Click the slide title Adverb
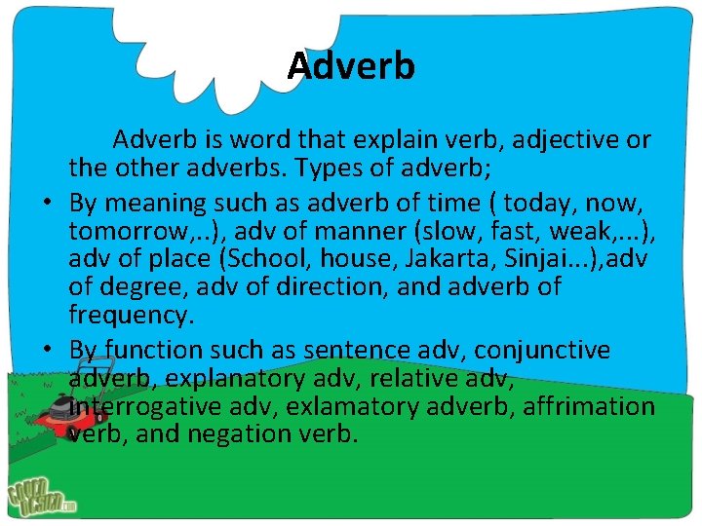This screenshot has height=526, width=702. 351,66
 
